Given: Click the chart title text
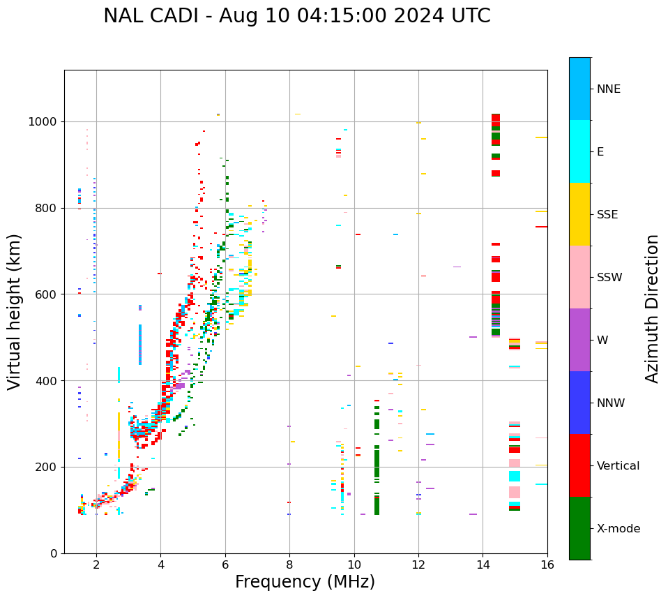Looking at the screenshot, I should tap(296, 16).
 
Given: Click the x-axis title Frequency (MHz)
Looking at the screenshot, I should tap(305, 582).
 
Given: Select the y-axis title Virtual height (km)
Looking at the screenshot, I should tap(15, 312).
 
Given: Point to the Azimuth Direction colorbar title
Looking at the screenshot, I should tap(652, 308).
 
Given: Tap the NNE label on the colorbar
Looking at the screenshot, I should tap(608, 89).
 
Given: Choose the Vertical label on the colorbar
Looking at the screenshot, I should tap(618, 466).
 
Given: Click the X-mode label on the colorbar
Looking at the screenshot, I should tap(618, 529).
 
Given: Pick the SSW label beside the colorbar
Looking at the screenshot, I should tap(609, 278).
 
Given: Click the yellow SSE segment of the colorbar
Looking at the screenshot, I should tap(579, 214).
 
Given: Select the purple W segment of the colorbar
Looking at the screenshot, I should tap(579, 340).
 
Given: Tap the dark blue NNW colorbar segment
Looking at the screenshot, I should tap(579, 403).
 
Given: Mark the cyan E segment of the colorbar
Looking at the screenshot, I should tap(579, 151).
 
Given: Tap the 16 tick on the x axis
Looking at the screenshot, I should tap(547, 565).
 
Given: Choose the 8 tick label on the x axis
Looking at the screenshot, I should tap(289, 565).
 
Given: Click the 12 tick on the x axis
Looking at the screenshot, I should tap(418, 565).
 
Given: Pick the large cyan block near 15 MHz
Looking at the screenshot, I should tap(515, 476).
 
